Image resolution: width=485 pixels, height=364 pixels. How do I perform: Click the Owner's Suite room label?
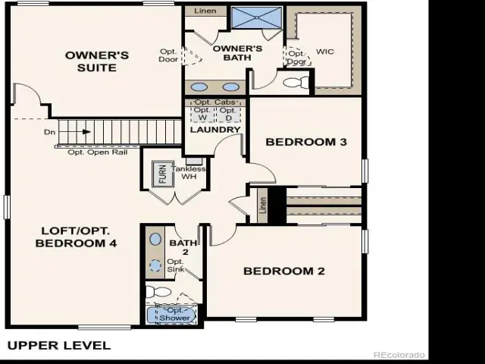[x=97, y=61]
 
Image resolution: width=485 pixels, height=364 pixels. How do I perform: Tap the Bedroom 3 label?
[x=306, y=142]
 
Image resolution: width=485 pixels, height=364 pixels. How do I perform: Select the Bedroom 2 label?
[x=284, y=271]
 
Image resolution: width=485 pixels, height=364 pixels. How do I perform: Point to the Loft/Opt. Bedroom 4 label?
[x=76, y=237]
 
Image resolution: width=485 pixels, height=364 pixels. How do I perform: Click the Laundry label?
[x=215, y=130]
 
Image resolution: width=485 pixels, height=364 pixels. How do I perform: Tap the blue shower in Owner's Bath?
[x=257, y=17]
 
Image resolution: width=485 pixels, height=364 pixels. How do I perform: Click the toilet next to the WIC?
[x=296, y=83]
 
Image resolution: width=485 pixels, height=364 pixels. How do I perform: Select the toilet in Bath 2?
[x=158, y=292]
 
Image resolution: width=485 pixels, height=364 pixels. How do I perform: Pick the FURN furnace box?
[x=162, y=174]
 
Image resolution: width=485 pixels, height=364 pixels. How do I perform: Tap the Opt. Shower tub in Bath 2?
[x=171, y=315]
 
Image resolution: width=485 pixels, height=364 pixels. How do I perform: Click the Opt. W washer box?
[x=202, y=114]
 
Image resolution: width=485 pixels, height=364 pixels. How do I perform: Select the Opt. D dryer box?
[x=229, y=114]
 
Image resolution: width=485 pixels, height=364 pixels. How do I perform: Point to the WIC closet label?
[x=325, y=52]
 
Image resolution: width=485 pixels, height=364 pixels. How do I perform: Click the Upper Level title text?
[x=59, y=346]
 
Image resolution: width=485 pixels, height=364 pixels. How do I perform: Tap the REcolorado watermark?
[x=399, y=355]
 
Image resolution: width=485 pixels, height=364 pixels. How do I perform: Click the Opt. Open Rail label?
[x=98, y=152]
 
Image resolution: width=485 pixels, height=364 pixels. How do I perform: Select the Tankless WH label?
[x=189, y=173]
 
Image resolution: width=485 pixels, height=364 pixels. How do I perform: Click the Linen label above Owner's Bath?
[x=205, y=11]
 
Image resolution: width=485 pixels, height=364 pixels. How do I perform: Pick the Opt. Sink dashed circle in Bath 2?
[x=155, y=265]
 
